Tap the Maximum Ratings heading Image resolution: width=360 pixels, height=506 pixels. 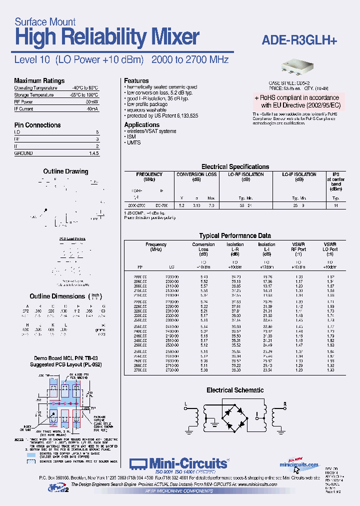[39, 81]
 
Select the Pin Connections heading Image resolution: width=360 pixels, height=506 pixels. [37, 125]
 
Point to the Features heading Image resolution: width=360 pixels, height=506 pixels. [136, 80]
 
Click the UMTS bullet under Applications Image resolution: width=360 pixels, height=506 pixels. [133, 143]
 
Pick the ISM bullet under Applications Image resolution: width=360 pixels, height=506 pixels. [131, 137]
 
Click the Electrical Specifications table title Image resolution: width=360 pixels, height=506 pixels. [235, 166]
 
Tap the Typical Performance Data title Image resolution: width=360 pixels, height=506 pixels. [235, 235]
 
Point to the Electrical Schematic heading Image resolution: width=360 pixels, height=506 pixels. [235, 390]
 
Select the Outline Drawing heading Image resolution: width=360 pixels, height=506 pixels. [65, 171]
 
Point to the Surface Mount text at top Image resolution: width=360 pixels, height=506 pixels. [45, 21]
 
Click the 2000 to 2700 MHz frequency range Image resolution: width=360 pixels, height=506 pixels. [189, 59]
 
